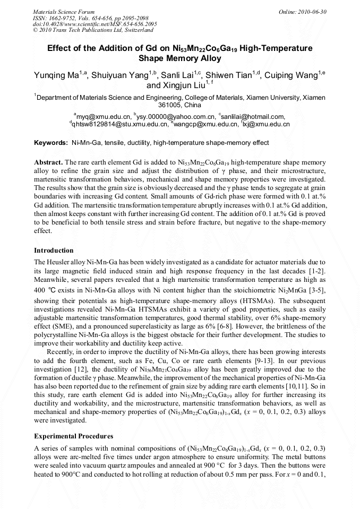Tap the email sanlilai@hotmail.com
pyautogui.click(x=254, y=116)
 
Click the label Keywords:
pyautogui.click(x=51, y=143)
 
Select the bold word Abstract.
pyautogui.click(x=48, y=162)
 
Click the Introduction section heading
pyautogui.click(x=54, y=251)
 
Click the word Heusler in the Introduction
pyautogui.click(x=59, y=263)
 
